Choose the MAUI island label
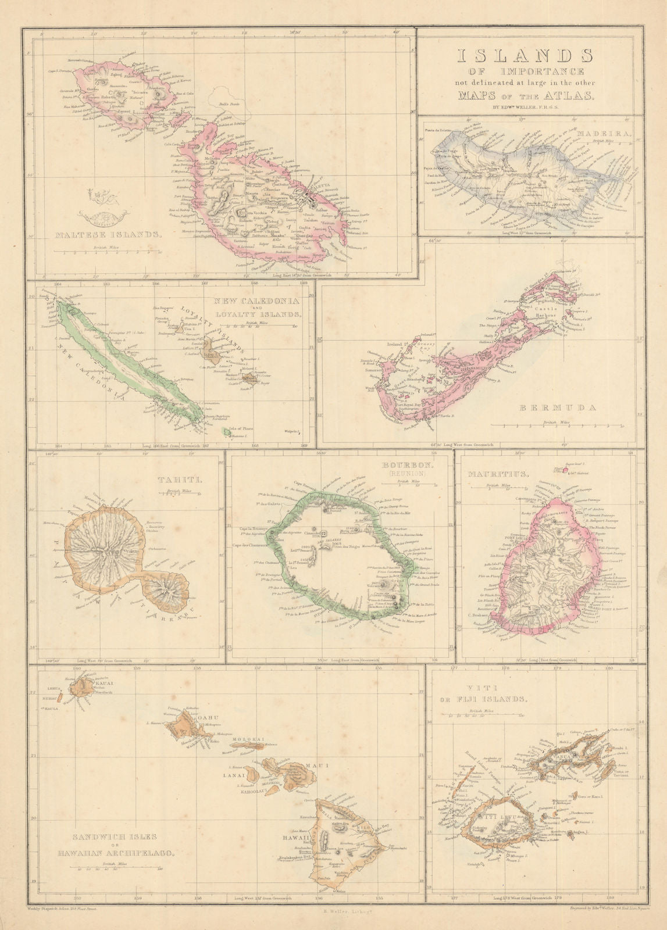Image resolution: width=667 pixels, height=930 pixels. [320, 766]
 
